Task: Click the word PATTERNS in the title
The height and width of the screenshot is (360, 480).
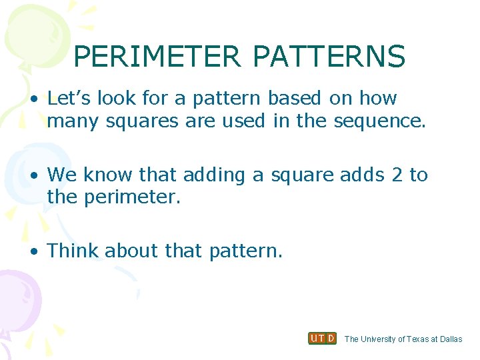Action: point(329,57)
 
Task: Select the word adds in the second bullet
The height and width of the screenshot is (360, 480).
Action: point(363,175)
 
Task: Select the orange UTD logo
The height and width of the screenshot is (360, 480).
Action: point(322,339)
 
